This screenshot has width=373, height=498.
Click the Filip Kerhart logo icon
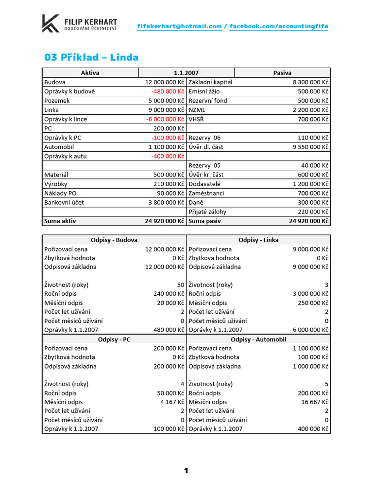[x=51, y=23]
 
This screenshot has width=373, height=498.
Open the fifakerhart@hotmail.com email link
[x=180, y=26]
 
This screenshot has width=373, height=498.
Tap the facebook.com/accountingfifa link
[x=279, y=26]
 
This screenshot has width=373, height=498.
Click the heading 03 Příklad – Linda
[x=91, y=57]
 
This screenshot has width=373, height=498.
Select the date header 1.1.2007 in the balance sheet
[x=186, y=73]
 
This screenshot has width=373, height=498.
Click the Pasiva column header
[x=282, y=73]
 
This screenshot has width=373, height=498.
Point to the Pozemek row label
[x=57, y=101]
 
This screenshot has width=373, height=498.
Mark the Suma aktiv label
[x=60, y=221]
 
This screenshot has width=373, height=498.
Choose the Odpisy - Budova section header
[x=114, y=240]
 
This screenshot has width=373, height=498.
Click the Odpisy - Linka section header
[x=258, y=240]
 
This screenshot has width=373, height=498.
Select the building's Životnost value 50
[x=181, y=285]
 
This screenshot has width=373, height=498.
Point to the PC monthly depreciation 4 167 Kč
[x=172, y=402]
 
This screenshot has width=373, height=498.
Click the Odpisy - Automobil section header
[x=258, y=339]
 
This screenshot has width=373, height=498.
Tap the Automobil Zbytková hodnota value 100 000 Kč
[x=311, y=357]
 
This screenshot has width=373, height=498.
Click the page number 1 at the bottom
[x=186, y=470]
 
